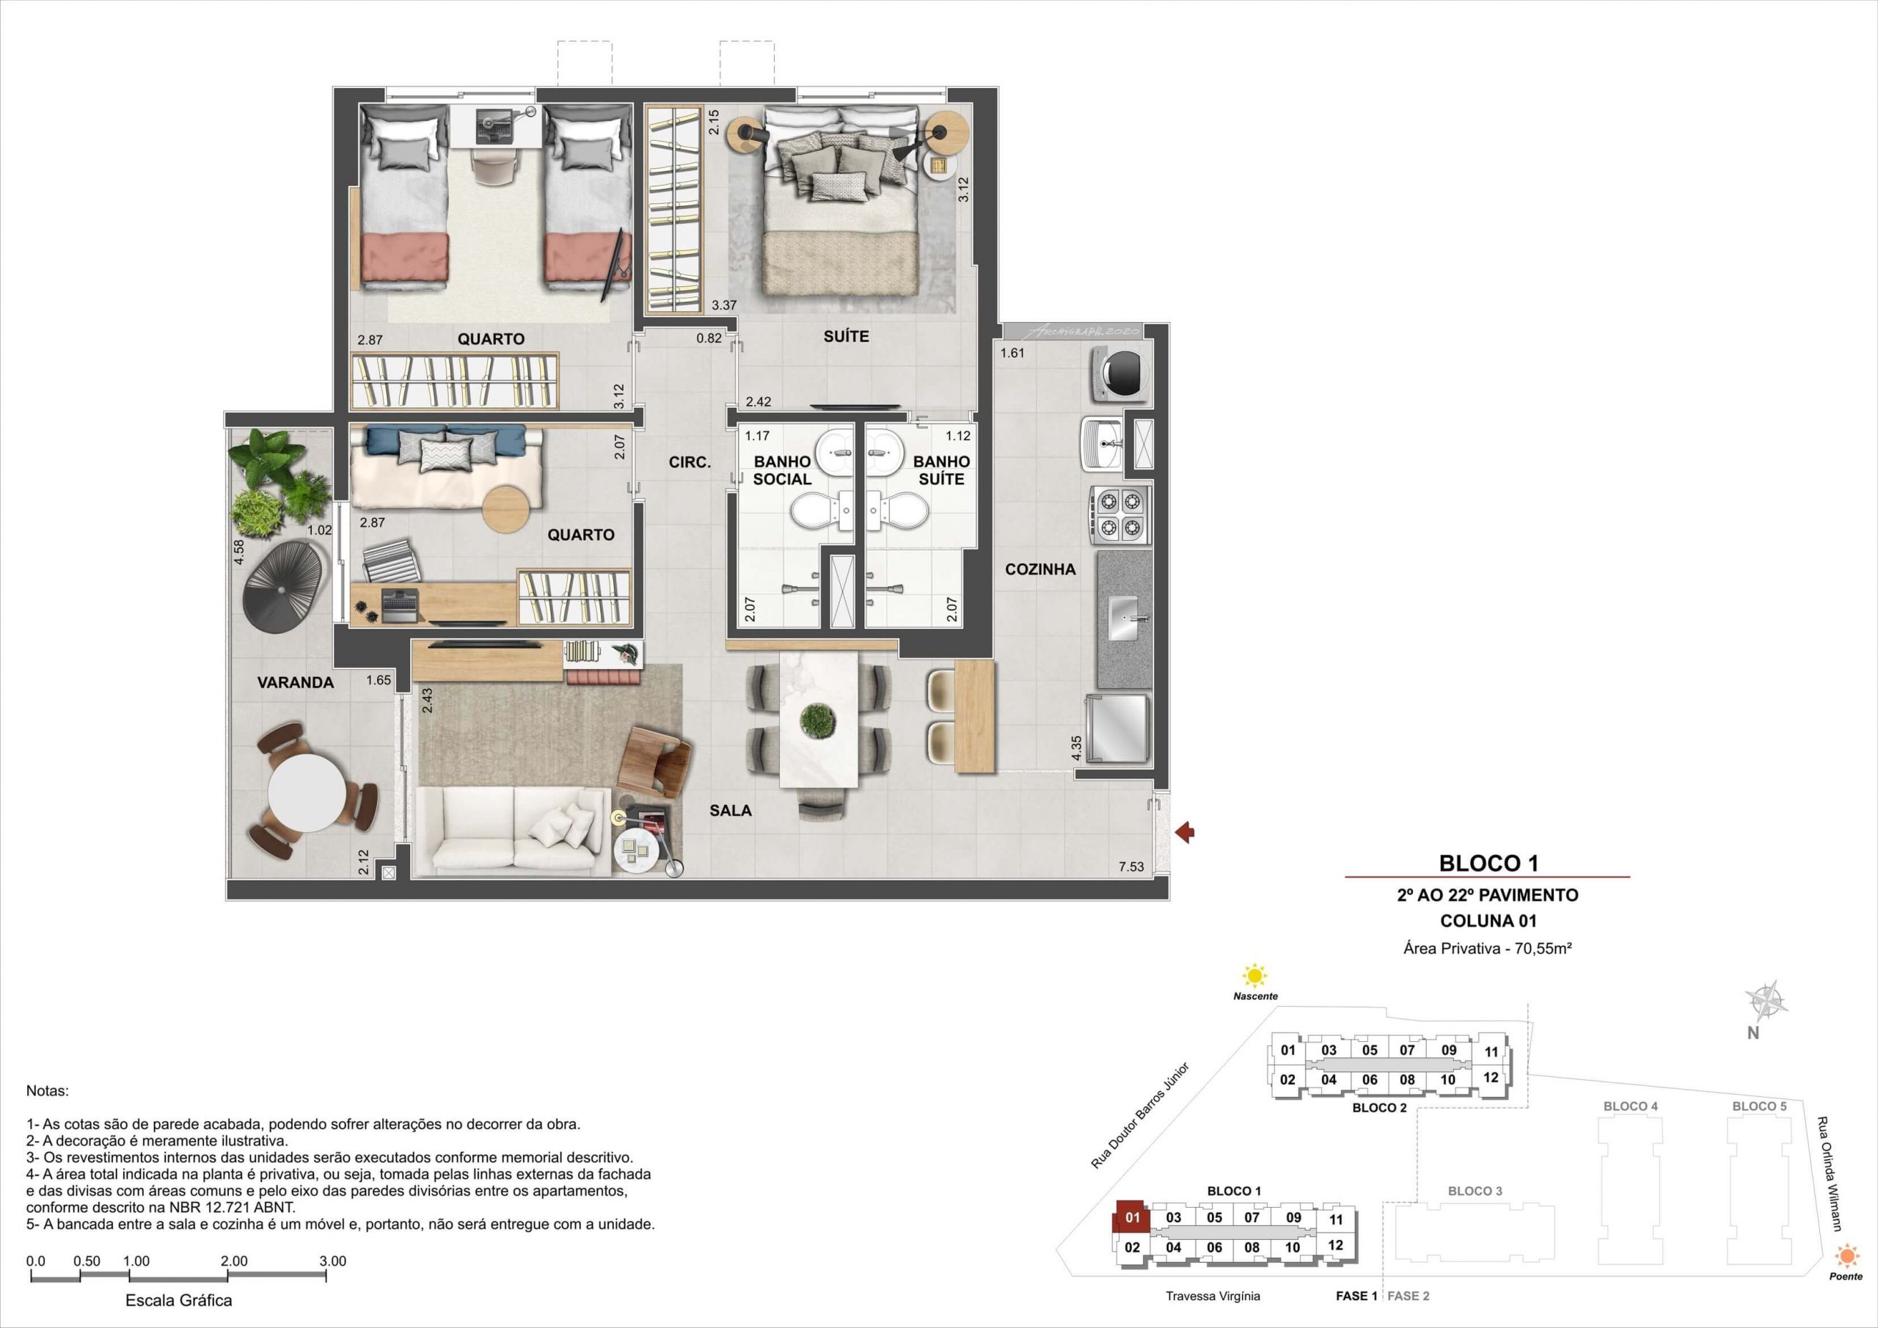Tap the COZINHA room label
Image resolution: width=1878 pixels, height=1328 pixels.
point(1040,569)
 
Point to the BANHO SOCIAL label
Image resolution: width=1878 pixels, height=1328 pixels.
point(782,470)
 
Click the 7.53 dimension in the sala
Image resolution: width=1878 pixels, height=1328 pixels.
point(1131,867)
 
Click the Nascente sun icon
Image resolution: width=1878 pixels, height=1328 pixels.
point(1254,976)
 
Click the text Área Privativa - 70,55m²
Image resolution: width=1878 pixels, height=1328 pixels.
point(1488,949)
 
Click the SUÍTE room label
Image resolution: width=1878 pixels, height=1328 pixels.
point(846,336)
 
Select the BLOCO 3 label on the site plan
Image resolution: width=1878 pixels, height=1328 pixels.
point(1475,1191)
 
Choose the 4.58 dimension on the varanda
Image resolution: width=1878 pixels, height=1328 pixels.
point(239,552)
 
